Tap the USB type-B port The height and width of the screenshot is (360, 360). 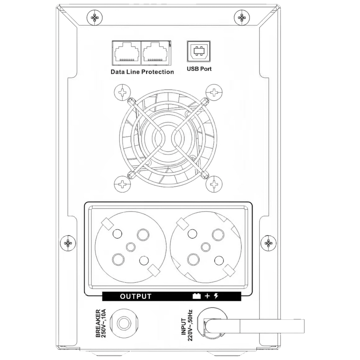coord(199,51)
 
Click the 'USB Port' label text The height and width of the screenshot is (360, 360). coord(199,69)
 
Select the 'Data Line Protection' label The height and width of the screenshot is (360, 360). coord(142,72)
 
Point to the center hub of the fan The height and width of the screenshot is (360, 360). coord(168,138)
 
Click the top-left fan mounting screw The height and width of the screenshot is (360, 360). coord(122,93)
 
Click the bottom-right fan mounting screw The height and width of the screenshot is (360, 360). coord(214,184)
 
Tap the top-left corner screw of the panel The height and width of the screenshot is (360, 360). coord(95,17)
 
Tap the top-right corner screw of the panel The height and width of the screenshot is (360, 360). coord(242,17)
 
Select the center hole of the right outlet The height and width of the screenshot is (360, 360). coord(206,247)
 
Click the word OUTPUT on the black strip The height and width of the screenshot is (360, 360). coord(136,296)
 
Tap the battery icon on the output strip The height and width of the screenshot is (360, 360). coord(197,296)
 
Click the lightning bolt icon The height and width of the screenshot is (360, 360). coord(216,296)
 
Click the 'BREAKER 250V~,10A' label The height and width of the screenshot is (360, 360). coord(101,323)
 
